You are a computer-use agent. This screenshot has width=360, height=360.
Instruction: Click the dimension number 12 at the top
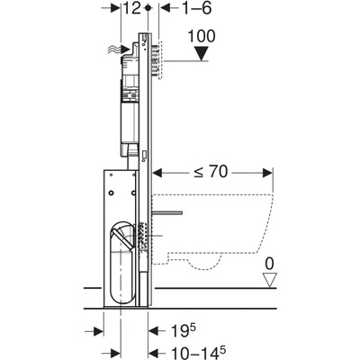(x=131, y=8)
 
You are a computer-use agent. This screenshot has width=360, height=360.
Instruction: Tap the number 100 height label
(x=202, y=36)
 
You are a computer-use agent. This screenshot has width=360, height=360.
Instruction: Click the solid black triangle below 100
(x=202, y=53)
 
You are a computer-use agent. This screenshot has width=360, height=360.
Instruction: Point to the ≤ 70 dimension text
(x=211, y=172)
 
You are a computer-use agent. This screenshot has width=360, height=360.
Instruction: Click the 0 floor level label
(x=269, y=264)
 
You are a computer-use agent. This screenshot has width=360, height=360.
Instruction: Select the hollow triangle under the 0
(x=269, y=280)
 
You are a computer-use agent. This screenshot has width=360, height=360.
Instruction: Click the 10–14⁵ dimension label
(x=198, y=353)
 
